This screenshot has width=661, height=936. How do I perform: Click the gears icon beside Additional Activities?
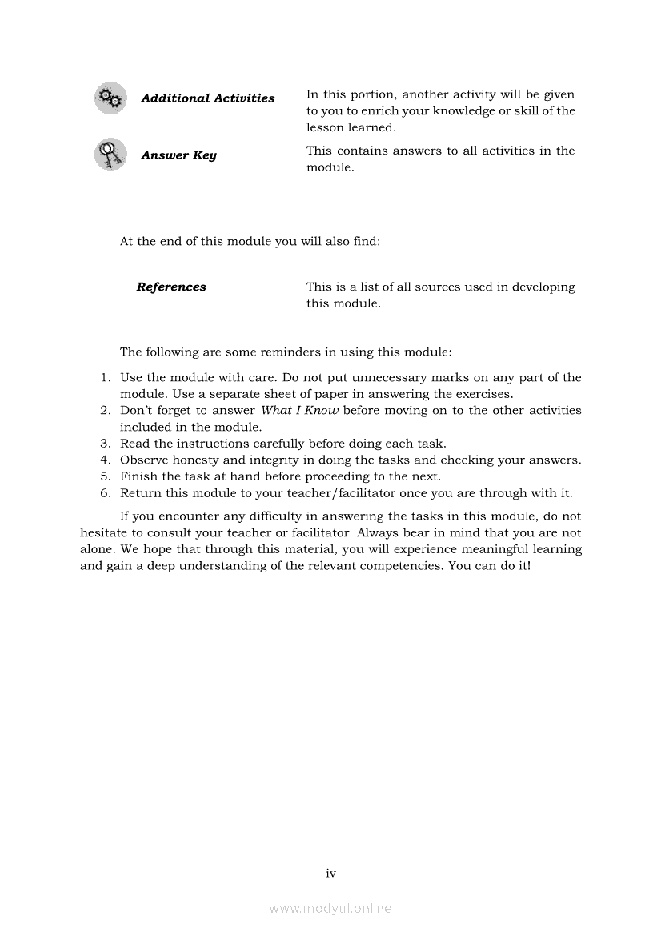[x=110, y=98]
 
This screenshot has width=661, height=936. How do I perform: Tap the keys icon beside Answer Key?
[x=110, y=155]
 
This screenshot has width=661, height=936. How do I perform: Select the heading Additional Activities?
[x=207, y=98]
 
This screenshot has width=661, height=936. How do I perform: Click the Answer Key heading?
[x=178, y=155]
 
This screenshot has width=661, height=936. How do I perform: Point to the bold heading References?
[x=171, y=287]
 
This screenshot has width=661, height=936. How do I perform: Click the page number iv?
[x=330, y=873]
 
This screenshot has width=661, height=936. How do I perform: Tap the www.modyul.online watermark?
[x=330, y=908]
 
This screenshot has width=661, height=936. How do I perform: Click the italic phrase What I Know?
[x=300, y=411]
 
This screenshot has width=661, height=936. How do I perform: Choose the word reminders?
[x=280, y=352]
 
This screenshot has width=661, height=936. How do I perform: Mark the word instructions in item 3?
[x=214, y=444]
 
